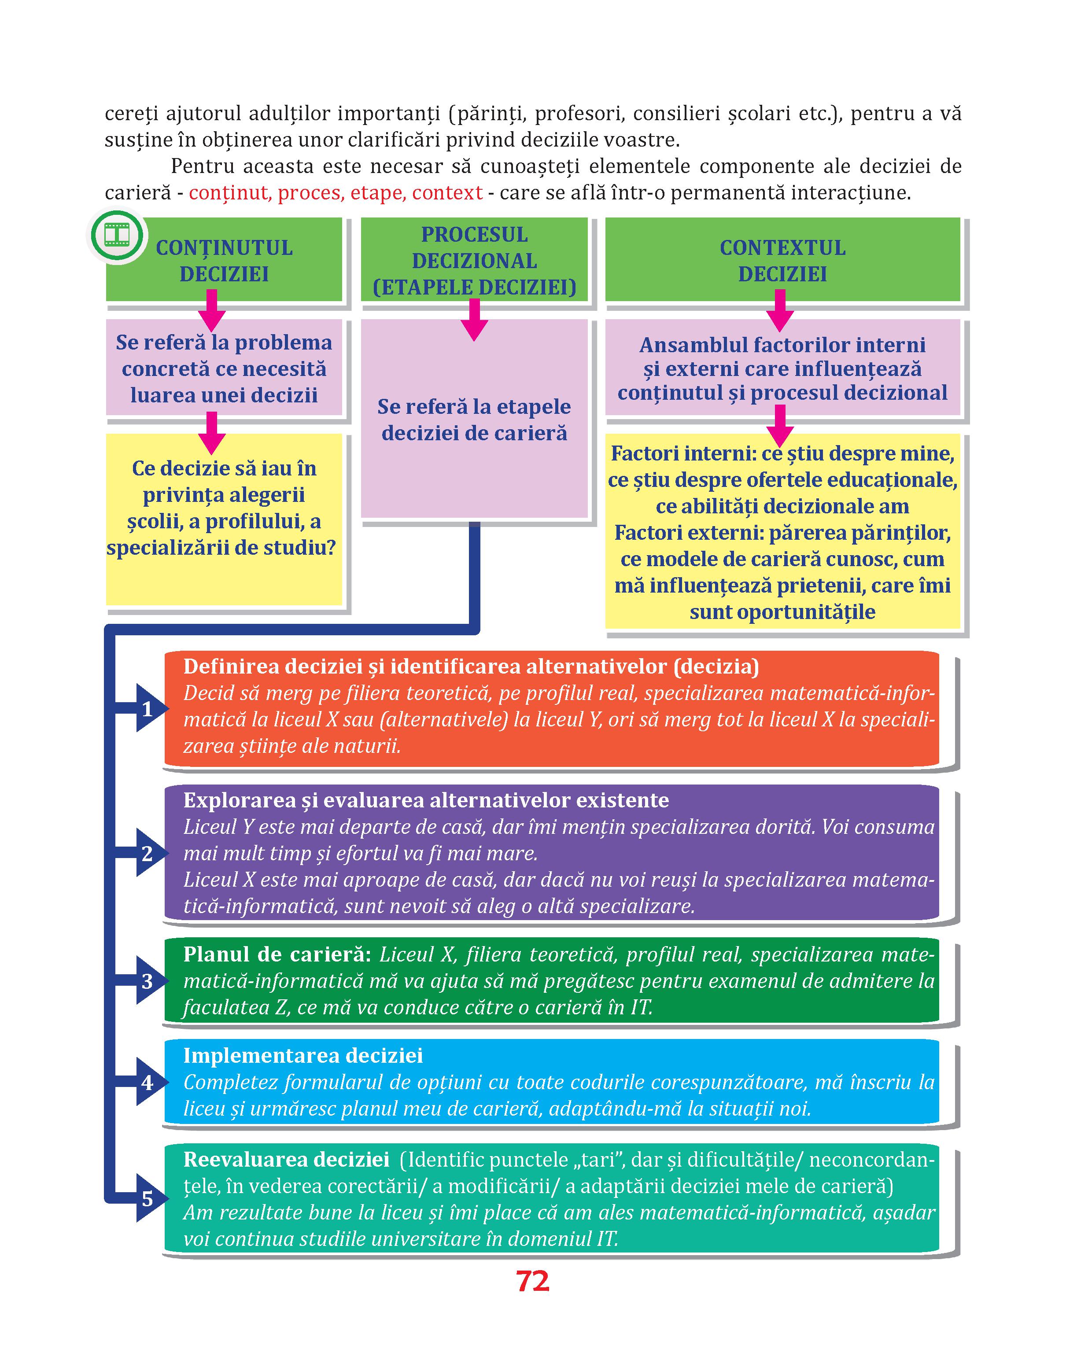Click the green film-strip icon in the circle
pyautogui.click(x=117, y=235)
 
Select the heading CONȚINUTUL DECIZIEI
pyautogui.click(x=224, y=261)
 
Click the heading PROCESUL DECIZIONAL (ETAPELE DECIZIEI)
pyautogui.click(x=474, y=261)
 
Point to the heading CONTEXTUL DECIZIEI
pyautogui.click(x=782, y=261)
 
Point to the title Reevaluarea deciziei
pyautogui.click(x=287, y=1159)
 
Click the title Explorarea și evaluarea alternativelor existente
pyautogui.click(x=426, y=800)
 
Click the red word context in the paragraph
pyautogui.click(x=447, y=193)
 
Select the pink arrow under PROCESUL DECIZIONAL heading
pyautogui.click(x=474, y=320)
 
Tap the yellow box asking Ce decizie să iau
pyautogui.click(x=224, y=519)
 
